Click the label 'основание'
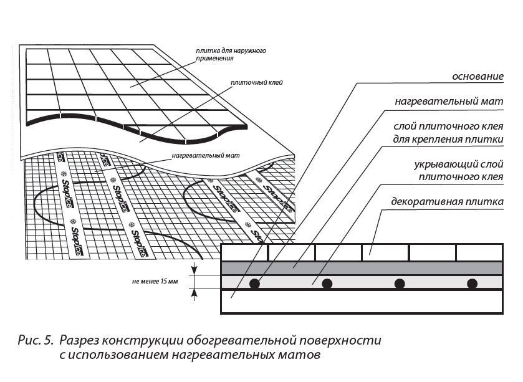point(477,76)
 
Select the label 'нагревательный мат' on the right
point(449,101)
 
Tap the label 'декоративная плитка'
point(446,202)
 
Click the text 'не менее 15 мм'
point(155,282)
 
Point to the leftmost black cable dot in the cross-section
point(254,284)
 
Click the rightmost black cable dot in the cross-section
point(473,284)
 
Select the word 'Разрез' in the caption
point(82,341)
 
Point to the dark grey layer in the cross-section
point(362,267)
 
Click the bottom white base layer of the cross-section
point(362,302)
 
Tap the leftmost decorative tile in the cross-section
point(245,252)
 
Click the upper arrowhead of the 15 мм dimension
point(195,270)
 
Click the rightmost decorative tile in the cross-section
point(479,252)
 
